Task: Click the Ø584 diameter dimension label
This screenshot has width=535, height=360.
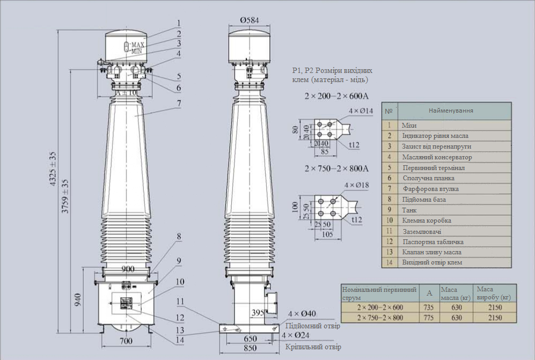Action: (x=250, y=20)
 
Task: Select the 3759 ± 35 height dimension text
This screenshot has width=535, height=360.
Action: (x=65, y=195)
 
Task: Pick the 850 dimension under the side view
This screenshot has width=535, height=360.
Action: (x=250, y=349)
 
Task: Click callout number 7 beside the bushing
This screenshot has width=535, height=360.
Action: (x=179, y=102)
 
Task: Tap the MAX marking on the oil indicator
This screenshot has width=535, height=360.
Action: (x=138, y=44)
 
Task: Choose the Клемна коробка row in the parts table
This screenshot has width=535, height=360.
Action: (x=427, y=221)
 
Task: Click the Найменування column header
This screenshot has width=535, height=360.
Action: (x=451, y=111)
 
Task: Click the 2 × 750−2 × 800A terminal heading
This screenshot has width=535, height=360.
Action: (x=336, y=168)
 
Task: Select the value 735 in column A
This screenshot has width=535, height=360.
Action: (x=429, y=307)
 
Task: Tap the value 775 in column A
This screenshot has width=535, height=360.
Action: (x=429, y=318)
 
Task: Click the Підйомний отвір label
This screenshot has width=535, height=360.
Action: (x=312, y=326)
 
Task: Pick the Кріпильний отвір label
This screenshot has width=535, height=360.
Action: (x=313, y=347)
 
